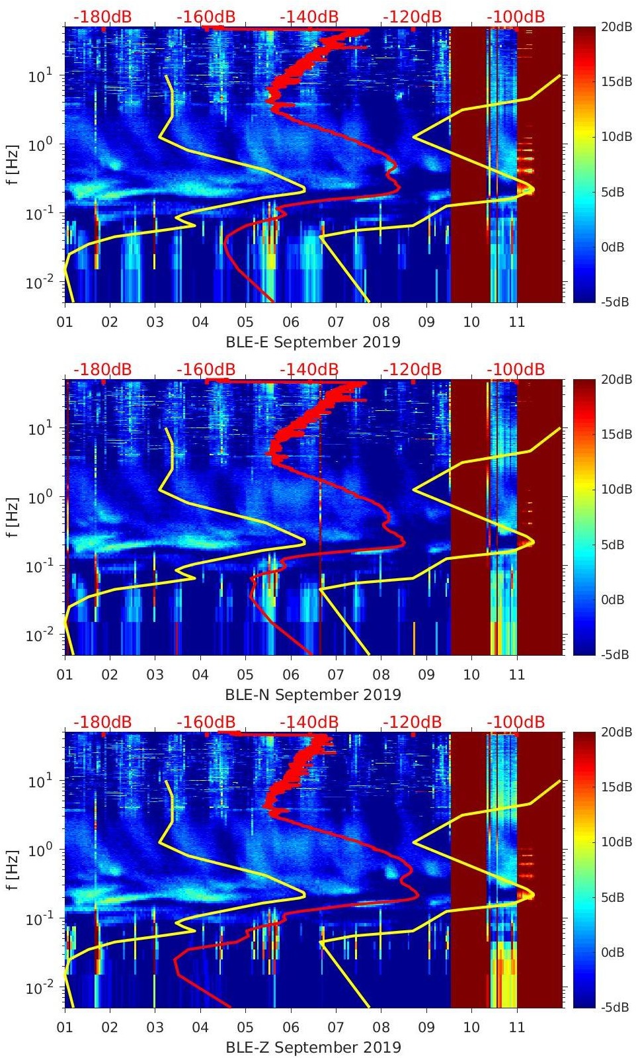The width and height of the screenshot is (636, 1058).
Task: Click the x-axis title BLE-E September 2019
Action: [313, 342]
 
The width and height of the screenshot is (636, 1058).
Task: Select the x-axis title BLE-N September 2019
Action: [313, 695]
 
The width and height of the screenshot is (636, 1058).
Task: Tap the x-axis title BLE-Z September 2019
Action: [313, 1047]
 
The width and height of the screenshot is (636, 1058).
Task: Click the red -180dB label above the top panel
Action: [102, 17]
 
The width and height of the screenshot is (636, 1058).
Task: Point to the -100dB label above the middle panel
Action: [516, 369]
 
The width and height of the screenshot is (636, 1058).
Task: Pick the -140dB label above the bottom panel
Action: [309, 722]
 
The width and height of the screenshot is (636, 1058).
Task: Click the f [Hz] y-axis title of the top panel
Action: [13, 164]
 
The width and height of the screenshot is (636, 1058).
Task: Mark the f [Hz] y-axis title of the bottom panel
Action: [13, 869]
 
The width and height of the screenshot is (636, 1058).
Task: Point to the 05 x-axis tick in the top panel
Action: [245, 322]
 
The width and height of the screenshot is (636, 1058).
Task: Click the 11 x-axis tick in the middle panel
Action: [516, 675]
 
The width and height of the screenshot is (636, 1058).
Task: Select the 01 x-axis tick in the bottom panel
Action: [65, 1028]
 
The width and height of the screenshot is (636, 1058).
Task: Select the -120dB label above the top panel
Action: [412, 17]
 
